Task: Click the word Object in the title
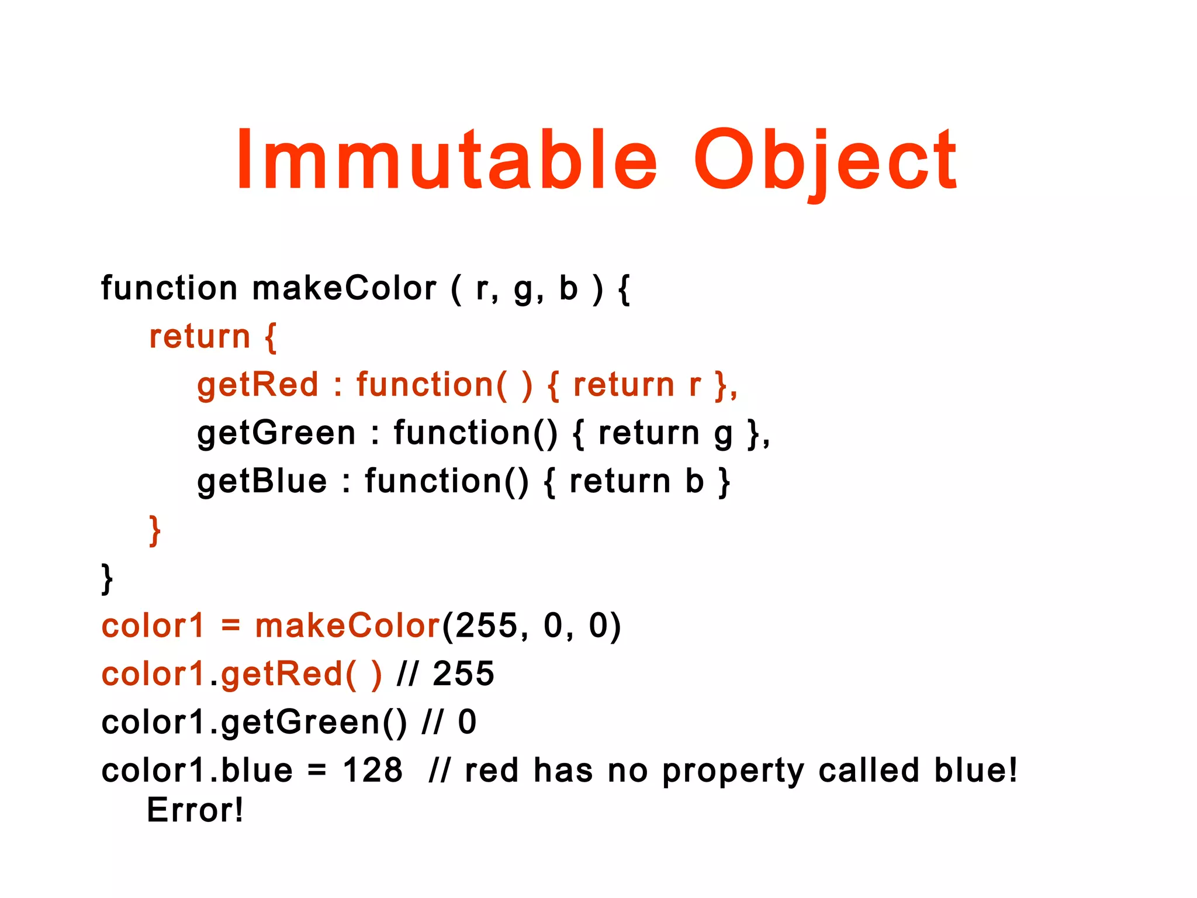coord(825,161)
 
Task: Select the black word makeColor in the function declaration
coord(344,288)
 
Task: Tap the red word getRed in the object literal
coord(258,385)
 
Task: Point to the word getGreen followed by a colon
coord(276,434)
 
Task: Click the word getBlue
coord(262,482)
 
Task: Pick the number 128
coord(372,770)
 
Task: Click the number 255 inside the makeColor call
coord(486,626)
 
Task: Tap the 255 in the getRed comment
coord(463,673)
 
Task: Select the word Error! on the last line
coord(195,810)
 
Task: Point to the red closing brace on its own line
coord(155,530)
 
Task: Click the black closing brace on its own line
coord(107,578)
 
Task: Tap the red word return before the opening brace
coord(200,337)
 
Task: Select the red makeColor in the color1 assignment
coord(347,626)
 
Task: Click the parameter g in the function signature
coord(524,289)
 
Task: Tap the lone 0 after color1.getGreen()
coord(467,722)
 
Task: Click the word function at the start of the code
coord(169,288)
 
